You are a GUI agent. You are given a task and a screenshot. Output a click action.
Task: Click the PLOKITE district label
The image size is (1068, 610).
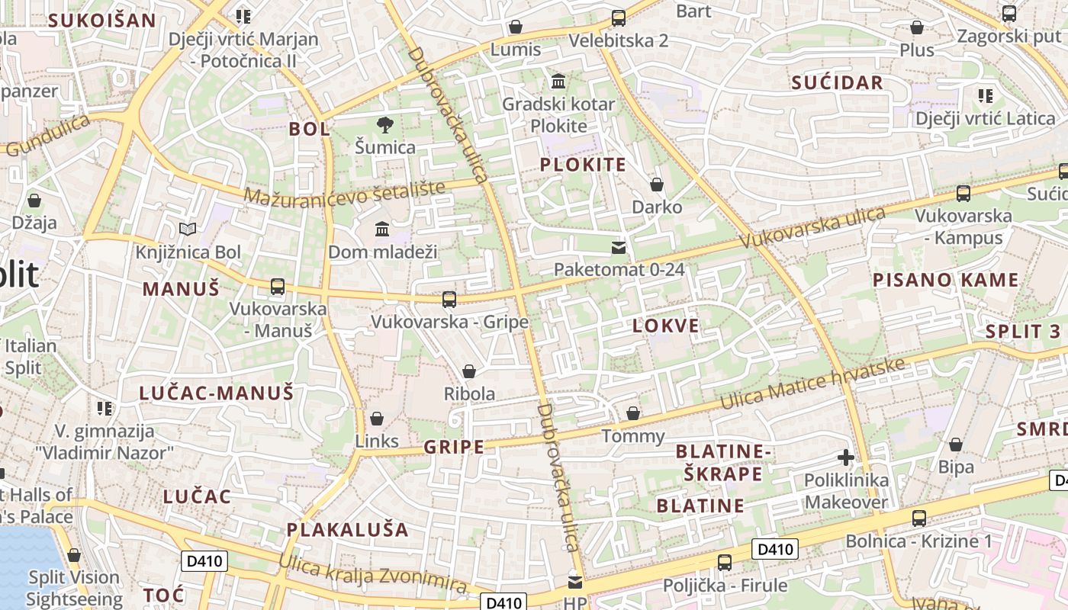point(583,165)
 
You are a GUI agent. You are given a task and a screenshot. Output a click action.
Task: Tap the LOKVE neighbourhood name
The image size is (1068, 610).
point(665,326)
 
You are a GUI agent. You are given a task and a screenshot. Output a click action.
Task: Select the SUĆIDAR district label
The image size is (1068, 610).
point(837,83)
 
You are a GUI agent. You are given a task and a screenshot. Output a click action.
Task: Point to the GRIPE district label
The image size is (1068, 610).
point(454,447)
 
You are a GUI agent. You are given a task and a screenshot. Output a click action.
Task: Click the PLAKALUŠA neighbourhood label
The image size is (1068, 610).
point(348,529)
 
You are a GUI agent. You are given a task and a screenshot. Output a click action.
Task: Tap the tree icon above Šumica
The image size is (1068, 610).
point(385,124)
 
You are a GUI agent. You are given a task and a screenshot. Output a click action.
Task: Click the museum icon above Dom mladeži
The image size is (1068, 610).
point(382,229)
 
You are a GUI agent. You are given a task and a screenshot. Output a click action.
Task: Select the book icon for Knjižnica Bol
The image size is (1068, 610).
point(187,229)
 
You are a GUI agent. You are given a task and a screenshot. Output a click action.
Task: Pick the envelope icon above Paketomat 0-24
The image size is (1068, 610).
point(619,247)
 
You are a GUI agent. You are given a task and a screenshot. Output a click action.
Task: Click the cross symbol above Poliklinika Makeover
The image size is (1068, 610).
point(845,457)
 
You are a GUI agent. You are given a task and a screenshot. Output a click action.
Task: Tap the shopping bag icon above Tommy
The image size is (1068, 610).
point(632,413)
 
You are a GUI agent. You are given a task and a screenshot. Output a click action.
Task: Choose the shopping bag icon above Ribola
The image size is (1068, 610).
point(469,371)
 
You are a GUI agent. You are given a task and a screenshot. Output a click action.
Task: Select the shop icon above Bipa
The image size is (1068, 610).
point(956,445)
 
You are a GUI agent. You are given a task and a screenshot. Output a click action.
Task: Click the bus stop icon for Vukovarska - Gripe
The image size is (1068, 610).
point(449,300)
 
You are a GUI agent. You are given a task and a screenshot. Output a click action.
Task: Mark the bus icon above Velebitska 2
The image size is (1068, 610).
point(619,18)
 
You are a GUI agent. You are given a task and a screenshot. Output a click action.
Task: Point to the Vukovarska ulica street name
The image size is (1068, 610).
point(812,227)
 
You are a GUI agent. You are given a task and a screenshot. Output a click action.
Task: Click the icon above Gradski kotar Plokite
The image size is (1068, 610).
point(558,82)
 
